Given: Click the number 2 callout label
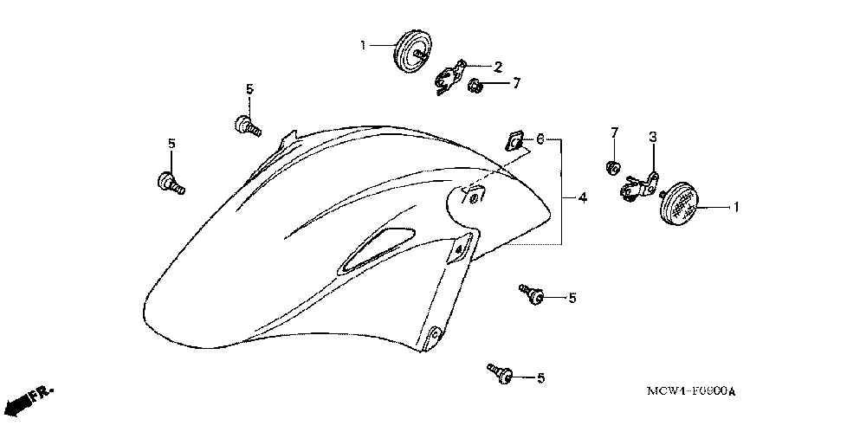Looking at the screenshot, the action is [498, 66].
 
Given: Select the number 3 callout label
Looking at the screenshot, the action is [654, 137].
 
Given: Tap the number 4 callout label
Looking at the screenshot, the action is [583, 198].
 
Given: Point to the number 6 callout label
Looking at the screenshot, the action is [539, 139].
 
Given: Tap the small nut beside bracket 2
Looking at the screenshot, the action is [475, 86].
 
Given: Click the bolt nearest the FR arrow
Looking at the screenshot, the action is [168, 182].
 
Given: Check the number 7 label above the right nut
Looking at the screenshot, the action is [615, 132].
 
